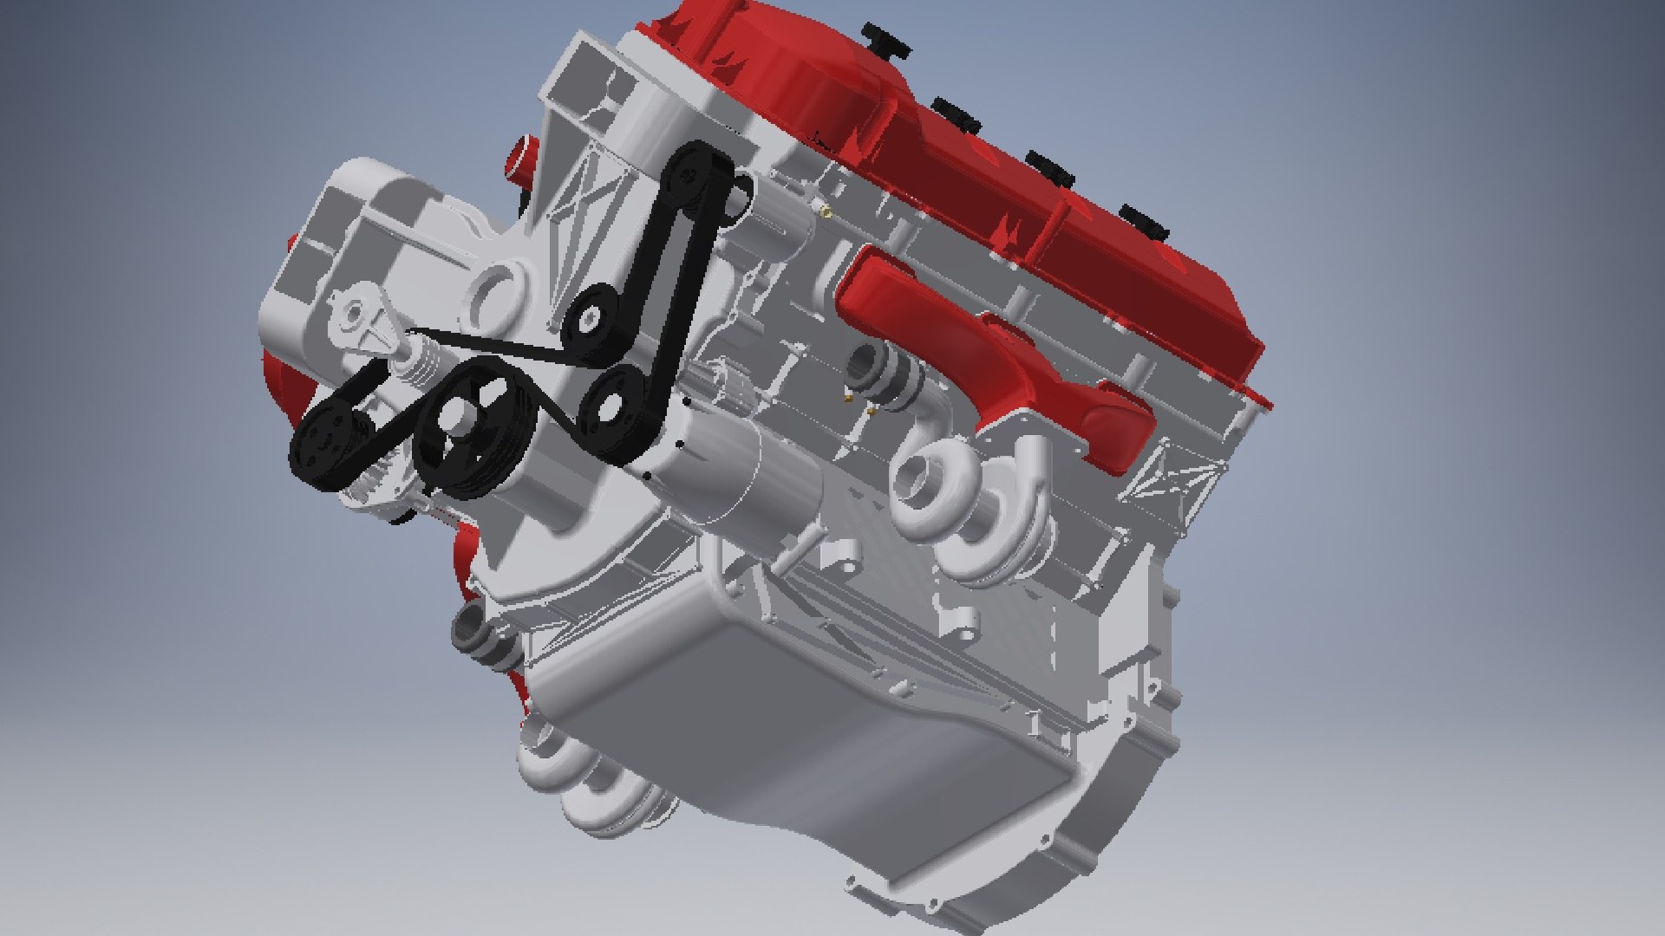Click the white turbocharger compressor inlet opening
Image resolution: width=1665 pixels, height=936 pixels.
919,481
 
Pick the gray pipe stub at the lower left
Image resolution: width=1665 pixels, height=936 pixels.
473,628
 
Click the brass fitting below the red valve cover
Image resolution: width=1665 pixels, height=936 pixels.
826,209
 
